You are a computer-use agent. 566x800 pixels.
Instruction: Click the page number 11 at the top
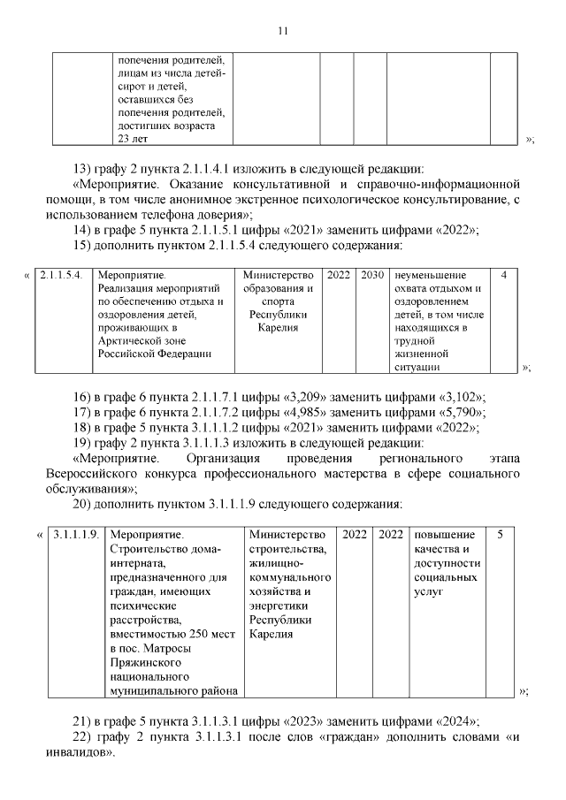tap(282, 31)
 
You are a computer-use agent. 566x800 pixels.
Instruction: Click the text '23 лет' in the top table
tap(134, 139)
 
